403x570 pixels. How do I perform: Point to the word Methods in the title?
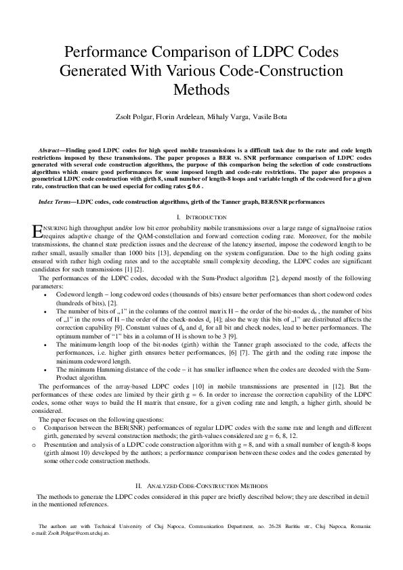tap(201, 88)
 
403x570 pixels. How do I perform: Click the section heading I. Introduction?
tap(201, 217)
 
